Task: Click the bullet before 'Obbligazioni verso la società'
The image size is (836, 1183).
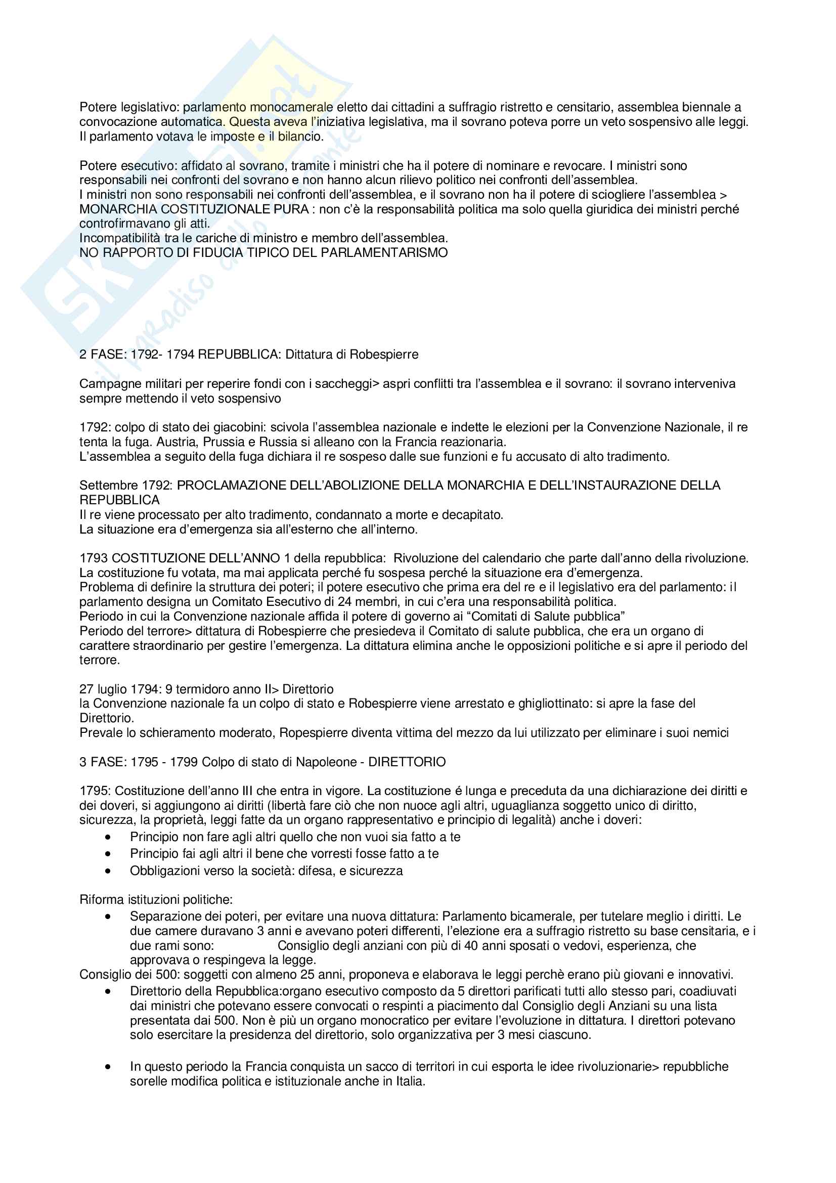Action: [x=108, y=871]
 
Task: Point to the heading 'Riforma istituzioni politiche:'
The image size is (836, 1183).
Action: [x=156, y=900]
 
